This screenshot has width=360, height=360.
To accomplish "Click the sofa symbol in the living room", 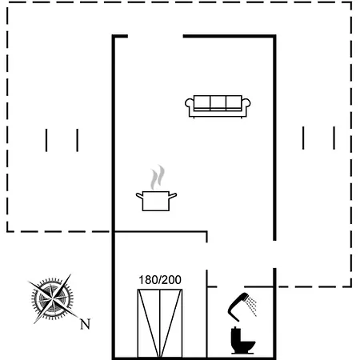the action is coord(218,106).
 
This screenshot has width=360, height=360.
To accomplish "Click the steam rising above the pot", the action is coord(158,178).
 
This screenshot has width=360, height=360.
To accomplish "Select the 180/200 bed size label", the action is coord(160,280).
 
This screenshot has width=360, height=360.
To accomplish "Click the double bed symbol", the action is coord(160,323).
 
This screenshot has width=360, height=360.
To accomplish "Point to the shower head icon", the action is coord(238,306).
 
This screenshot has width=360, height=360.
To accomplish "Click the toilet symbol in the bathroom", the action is coord(242,341).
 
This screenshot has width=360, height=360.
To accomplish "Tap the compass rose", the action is coord(52,299).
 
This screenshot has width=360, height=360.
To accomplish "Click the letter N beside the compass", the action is coord(86,324).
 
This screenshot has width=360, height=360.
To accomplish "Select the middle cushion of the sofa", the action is coord(218,102).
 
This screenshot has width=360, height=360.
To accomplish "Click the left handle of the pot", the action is coord(139,196).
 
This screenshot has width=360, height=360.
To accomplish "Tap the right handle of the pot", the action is coord(173,196).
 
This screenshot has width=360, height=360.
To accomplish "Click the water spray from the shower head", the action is coord(251,306).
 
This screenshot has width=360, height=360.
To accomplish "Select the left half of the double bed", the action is coord(149,323).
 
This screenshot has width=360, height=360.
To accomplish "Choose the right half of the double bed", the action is coord(171,323).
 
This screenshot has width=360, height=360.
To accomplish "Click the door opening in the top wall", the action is coord(155,36).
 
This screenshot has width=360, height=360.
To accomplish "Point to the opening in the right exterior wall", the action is coord(274,254).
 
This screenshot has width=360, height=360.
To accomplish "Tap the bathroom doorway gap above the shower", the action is coord(230,287).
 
